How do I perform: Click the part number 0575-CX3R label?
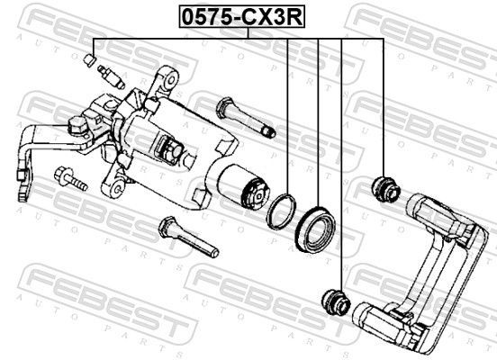coord(242,17)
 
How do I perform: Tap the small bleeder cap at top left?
coord(90,59)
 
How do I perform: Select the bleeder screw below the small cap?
coord(111,77)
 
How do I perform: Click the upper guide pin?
coord(246,118)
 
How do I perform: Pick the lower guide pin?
coord(188,237)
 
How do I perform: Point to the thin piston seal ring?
coord(281,211)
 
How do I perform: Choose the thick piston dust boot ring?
coord(315,229)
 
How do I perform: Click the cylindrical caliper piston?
coord(243,186)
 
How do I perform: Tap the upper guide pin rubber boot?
coord(385,190)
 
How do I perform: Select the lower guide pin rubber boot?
coord(336,301)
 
